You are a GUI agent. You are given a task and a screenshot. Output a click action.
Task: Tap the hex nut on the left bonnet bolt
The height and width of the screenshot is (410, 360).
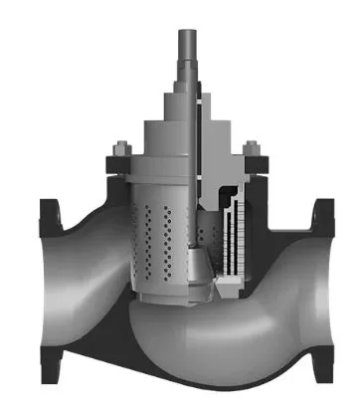pos(117,151)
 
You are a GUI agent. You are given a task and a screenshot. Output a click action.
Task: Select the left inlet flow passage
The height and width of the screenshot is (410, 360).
pos(80,269)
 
